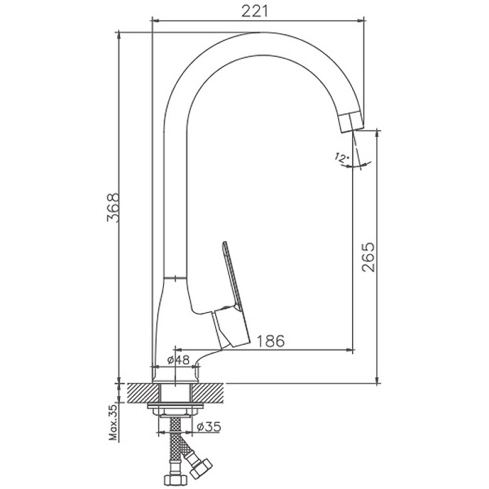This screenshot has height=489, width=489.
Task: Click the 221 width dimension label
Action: click(x=255, y=12)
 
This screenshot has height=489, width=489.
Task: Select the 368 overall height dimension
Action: click(x=113, y=208)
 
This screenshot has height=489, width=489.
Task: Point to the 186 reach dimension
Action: click(x=270, y=341)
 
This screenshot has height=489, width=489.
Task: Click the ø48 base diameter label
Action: click(x=178, y=360)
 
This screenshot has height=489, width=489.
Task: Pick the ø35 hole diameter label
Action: click(x=209, y=426)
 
